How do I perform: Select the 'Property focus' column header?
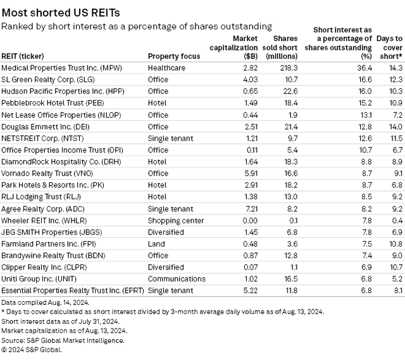(x=173, y=56)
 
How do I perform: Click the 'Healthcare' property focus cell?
(x=166, y=68)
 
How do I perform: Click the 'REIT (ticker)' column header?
(x=28, y=56)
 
